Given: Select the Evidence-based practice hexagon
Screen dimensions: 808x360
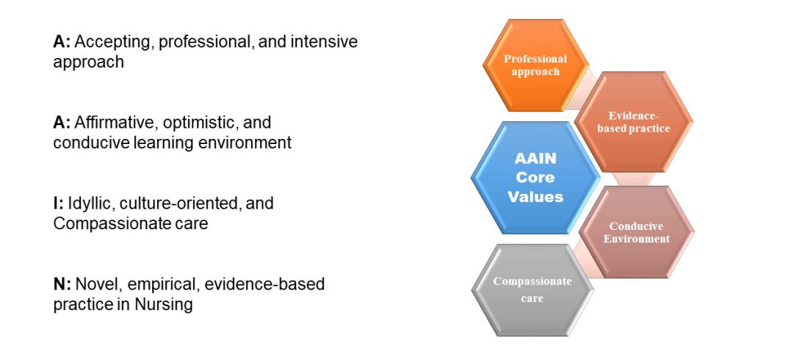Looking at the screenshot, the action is (633, 122).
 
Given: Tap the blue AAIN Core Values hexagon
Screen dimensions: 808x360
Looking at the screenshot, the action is (536, 177).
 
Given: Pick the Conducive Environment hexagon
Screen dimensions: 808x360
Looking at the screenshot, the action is (636, 232).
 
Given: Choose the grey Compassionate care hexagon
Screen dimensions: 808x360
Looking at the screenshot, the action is (533, 290).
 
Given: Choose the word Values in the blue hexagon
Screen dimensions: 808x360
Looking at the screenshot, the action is (536, 196).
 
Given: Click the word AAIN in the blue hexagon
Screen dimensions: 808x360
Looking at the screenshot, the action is (536, 159).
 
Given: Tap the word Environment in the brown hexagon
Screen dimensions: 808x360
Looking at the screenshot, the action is (637, 239).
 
